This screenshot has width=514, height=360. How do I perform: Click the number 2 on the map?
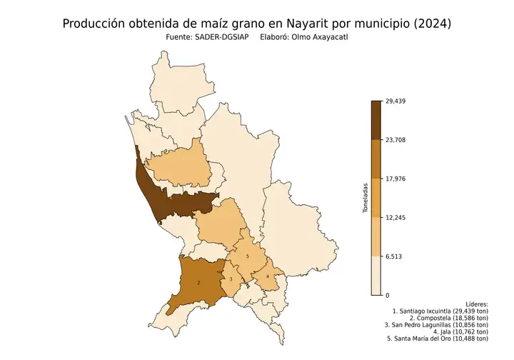pyautogui.click(x=198, y=283)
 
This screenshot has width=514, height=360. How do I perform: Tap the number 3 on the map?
pyautogui.click(x=231, y=279)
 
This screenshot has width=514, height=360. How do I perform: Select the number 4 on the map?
pyautogui.click(x=267, y=276)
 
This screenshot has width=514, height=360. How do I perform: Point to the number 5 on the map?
pyautogui.click(x=247, y=256)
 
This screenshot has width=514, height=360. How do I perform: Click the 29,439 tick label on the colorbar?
pyautogui.click(x=395, y=101)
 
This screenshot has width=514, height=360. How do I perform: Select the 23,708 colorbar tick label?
pyautogui.click(x=395, y=140)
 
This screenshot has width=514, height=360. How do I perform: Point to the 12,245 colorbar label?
pyautogui.click(x=395, y=217)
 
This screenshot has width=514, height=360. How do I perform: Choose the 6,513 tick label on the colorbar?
pyautogui.click(x=393, y=256)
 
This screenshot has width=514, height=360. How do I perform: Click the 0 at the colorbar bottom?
pyautogui.click(x=387, y=295)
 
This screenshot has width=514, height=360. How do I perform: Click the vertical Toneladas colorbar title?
pyautogui.click(x=364, y=198)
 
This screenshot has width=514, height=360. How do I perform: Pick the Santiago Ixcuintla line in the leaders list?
pyautogui.click(x=440, y=312)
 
